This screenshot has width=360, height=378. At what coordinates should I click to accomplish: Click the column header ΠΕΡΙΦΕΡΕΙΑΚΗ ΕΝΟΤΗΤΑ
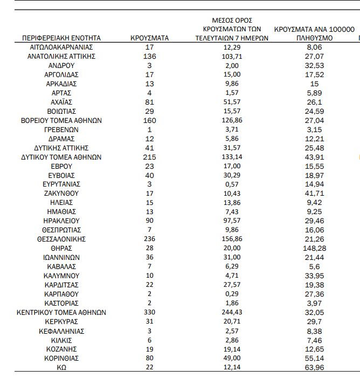(x=61, y=38)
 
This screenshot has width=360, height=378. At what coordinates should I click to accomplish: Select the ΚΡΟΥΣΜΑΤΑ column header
(x=150, y=38)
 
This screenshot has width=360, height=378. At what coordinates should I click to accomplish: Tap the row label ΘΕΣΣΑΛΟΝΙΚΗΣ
(x=61, y=239)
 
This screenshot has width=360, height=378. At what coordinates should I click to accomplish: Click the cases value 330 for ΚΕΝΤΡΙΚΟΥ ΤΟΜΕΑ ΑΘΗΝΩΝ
(x=150, y=312)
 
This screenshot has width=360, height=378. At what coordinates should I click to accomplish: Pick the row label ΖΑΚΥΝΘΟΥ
(x=61, y=193)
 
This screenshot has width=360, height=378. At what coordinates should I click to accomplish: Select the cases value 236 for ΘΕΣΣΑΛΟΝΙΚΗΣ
(x=150, y=239)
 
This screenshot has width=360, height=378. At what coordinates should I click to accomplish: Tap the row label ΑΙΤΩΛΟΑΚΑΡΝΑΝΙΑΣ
(x=61, y=47)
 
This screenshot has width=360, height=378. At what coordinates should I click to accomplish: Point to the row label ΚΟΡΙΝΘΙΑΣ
(x=61, y=358)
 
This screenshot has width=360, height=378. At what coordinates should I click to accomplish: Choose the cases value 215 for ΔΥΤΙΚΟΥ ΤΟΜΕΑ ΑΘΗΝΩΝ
(x=150, y=157)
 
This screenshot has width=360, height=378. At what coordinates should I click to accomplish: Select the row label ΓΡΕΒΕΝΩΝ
(x=61, y=129)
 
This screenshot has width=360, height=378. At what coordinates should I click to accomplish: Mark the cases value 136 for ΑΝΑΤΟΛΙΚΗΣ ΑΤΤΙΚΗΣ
(x=150, y=57)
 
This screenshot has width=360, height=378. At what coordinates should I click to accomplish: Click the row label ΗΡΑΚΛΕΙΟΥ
(x=61, y=221)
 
